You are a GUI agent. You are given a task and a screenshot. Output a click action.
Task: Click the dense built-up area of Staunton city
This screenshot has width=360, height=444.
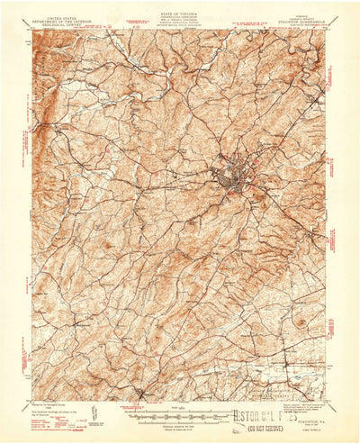pos(229,172)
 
